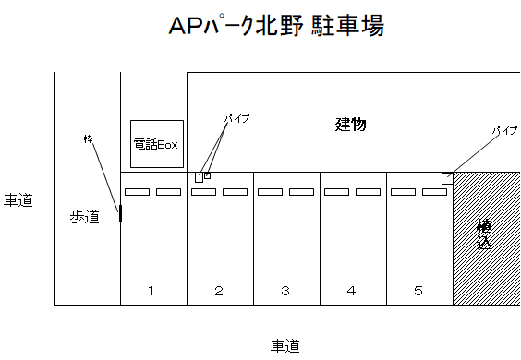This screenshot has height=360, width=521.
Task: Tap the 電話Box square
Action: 157,144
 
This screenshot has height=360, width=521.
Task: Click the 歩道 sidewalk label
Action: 84,217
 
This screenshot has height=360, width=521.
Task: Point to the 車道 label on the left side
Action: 18,199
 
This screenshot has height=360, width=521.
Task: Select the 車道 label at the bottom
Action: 285,346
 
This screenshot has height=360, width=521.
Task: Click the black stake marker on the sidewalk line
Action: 120,214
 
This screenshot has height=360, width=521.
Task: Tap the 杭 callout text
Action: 89,139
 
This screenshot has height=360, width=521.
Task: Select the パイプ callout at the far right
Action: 503,131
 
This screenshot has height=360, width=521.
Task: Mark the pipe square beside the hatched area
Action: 447,177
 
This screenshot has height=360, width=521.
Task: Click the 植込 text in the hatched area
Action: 484,235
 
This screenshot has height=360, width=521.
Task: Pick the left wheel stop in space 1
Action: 137,192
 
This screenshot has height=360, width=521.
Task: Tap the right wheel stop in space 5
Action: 434,192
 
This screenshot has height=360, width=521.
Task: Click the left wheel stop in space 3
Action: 270,192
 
